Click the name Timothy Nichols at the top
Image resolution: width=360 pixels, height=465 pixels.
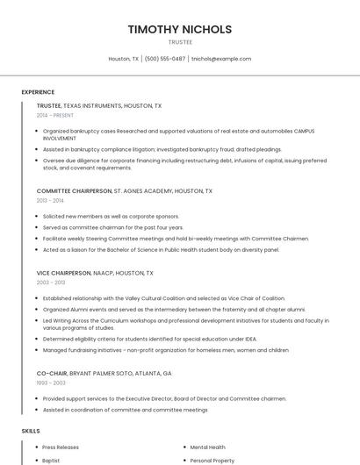point(180,29)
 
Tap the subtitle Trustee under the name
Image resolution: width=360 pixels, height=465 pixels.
point(180,42)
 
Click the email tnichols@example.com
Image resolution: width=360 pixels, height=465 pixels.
point(221,59)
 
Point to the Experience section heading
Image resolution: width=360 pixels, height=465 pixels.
point(38,92)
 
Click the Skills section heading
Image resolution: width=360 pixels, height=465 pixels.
point(31,431)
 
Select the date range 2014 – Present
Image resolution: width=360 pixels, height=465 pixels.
point(55,115)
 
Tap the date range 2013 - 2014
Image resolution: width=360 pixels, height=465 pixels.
point(50,200)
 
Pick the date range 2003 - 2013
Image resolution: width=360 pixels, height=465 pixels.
point(51,283)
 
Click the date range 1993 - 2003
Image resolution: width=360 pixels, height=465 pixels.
point(51,383)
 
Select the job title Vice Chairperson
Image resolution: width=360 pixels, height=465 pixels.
point(63,273)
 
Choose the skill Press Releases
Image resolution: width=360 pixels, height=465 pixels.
point(61,447)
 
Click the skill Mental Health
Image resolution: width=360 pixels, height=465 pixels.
point(207,447)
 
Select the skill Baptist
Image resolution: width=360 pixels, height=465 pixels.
point(51,460)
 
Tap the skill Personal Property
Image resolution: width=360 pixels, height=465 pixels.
point(212,460)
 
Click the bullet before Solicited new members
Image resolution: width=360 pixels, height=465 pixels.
point(37,216)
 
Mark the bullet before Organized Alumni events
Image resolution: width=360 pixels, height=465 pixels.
point(37,309)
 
